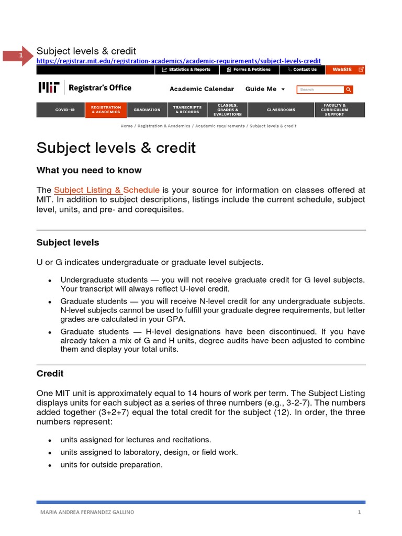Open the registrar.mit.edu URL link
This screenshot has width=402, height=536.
(178, 61)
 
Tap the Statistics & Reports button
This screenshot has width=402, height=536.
(186, 69)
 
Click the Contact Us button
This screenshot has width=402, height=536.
(302, 69)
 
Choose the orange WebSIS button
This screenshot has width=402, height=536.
(345, 69)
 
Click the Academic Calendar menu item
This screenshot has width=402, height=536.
(202, 89)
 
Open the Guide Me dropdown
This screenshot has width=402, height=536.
(265, 89)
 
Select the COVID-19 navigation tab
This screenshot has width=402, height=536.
(65, 110)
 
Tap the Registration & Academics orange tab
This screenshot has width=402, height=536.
(106, 110)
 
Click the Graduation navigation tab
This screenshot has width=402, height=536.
(147, 110)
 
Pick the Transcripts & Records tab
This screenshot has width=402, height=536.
(187, 110)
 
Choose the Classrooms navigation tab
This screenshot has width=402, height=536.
(281, 110)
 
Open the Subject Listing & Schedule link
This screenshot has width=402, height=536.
(107, 190)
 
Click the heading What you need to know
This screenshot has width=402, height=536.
(89, 171)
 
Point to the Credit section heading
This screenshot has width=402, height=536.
(50, 374)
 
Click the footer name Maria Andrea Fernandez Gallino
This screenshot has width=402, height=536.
(87, 512)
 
